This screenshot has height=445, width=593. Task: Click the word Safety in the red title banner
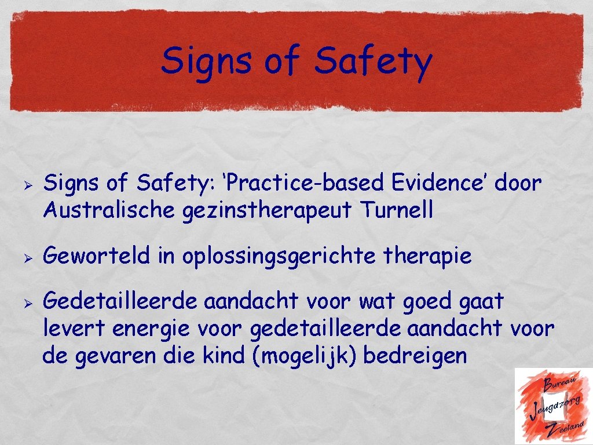(373, 62)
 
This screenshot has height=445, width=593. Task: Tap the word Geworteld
(99, 256)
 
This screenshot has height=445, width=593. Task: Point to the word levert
(74, 329)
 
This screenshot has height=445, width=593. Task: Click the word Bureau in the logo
(559, 382)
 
